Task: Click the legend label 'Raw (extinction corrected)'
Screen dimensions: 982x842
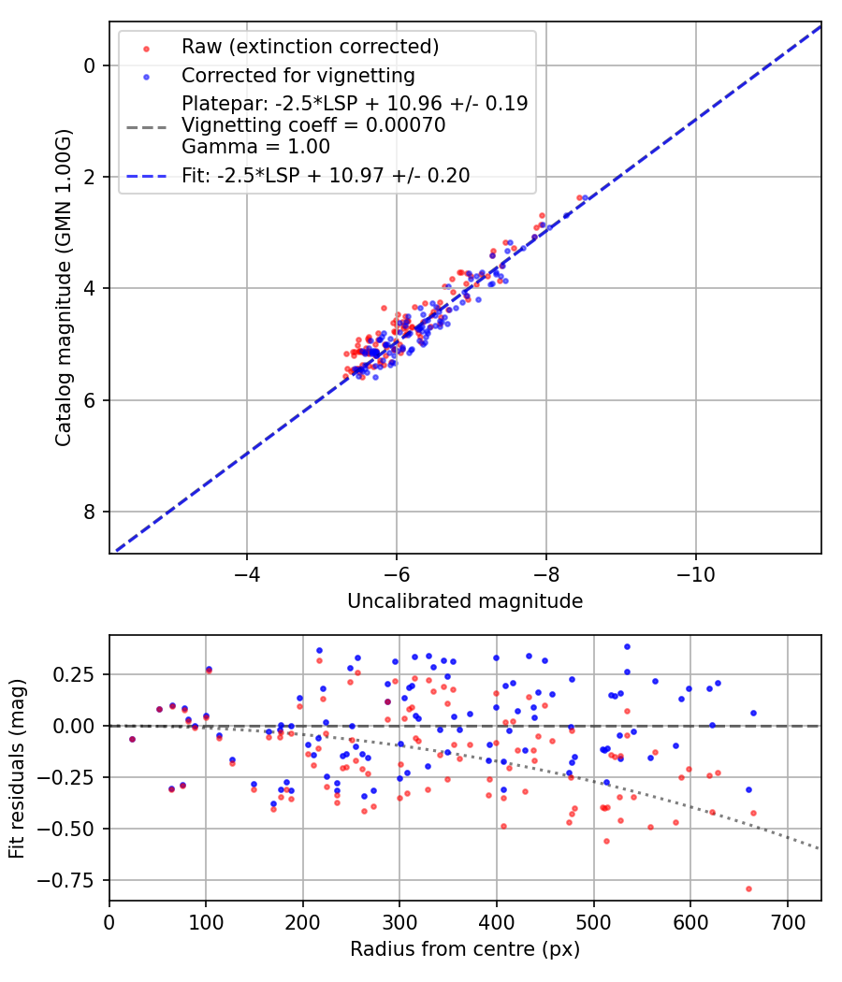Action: tap(311, 47)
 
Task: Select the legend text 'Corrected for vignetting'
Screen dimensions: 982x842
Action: tap(298, 75)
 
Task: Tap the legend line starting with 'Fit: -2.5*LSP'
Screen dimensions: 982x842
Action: tap(326, 175)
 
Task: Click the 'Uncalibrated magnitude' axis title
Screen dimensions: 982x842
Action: tap(465, 601)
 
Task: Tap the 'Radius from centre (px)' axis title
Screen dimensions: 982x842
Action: tap(465, 949)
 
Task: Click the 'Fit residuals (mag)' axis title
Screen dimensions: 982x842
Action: tap(17, 768)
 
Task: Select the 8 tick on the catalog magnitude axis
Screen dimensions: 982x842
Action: tap(89, 512)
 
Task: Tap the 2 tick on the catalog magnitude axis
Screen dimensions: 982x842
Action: tap(89, 177)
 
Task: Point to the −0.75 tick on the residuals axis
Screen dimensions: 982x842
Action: tap(75, 880)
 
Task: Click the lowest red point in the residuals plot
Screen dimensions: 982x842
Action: tap(748, 888)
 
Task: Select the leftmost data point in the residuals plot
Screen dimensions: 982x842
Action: tap(132, 739)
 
